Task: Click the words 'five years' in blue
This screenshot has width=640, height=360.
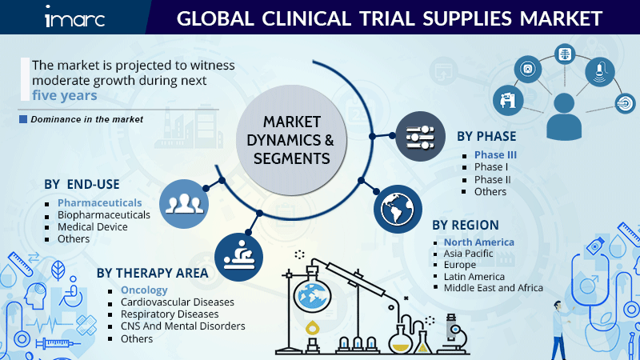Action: tap(64, 95)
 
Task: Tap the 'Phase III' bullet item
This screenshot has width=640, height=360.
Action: tap(495, 154)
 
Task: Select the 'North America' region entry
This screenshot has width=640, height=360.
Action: tap(478, 242)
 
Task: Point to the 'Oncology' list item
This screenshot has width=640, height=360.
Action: tap(144, 290)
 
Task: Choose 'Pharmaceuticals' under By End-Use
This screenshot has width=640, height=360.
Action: tap(99, 203)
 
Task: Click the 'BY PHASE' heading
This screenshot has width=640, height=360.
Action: tap(486, 137)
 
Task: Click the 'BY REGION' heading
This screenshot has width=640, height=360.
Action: tap(466, 225)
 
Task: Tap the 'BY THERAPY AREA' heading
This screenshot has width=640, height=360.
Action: tap(152, 273)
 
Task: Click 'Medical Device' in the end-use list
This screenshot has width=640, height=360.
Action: tap(93, 227)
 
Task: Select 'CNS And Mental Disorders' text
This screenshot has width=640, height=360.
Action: tap(182, 326)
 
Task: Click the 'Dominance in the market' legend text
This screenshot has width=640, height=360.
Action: tap(86, 119)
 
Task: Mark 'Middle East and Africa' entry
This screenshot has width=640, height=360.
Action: tap(494, 288)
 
